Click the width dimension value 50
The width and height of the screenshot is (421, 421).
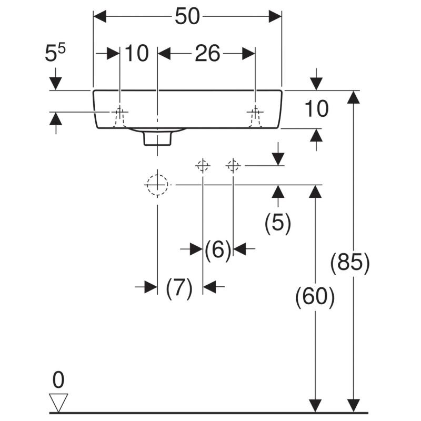tap(188, 17)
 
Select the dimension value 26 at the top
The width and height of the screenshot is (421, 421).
tap(207, 53)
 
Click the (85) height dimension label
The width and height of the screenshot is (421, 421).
tap(350, 263)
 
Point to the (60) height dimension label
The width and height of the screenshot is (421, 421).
tap(315, 298)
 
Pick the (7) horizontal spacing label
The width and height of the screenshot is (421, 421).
tap(179, 288)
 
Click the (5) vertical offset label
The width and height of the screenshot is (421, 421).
tap(278, 223)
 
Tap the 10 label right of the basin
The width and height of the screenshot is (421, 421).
tap(316, 109)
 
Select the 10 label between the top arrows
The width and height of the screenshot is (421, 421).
tap(137, 53)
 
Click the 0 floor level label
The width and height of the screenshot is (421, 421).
tap(59, 380)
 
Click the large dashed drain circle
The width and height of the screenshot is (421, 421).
tap(157, 185)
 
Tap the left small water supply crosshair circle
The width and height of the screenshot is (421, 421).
tap(203, 166)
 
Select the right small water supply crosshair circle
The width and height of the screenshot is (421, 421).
tap(233, 166)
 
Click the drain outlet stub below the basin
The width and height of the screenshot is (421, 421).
tap(157, 138)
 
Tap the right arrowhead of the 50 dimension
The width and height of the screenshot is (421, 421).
tap(276, 17)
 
